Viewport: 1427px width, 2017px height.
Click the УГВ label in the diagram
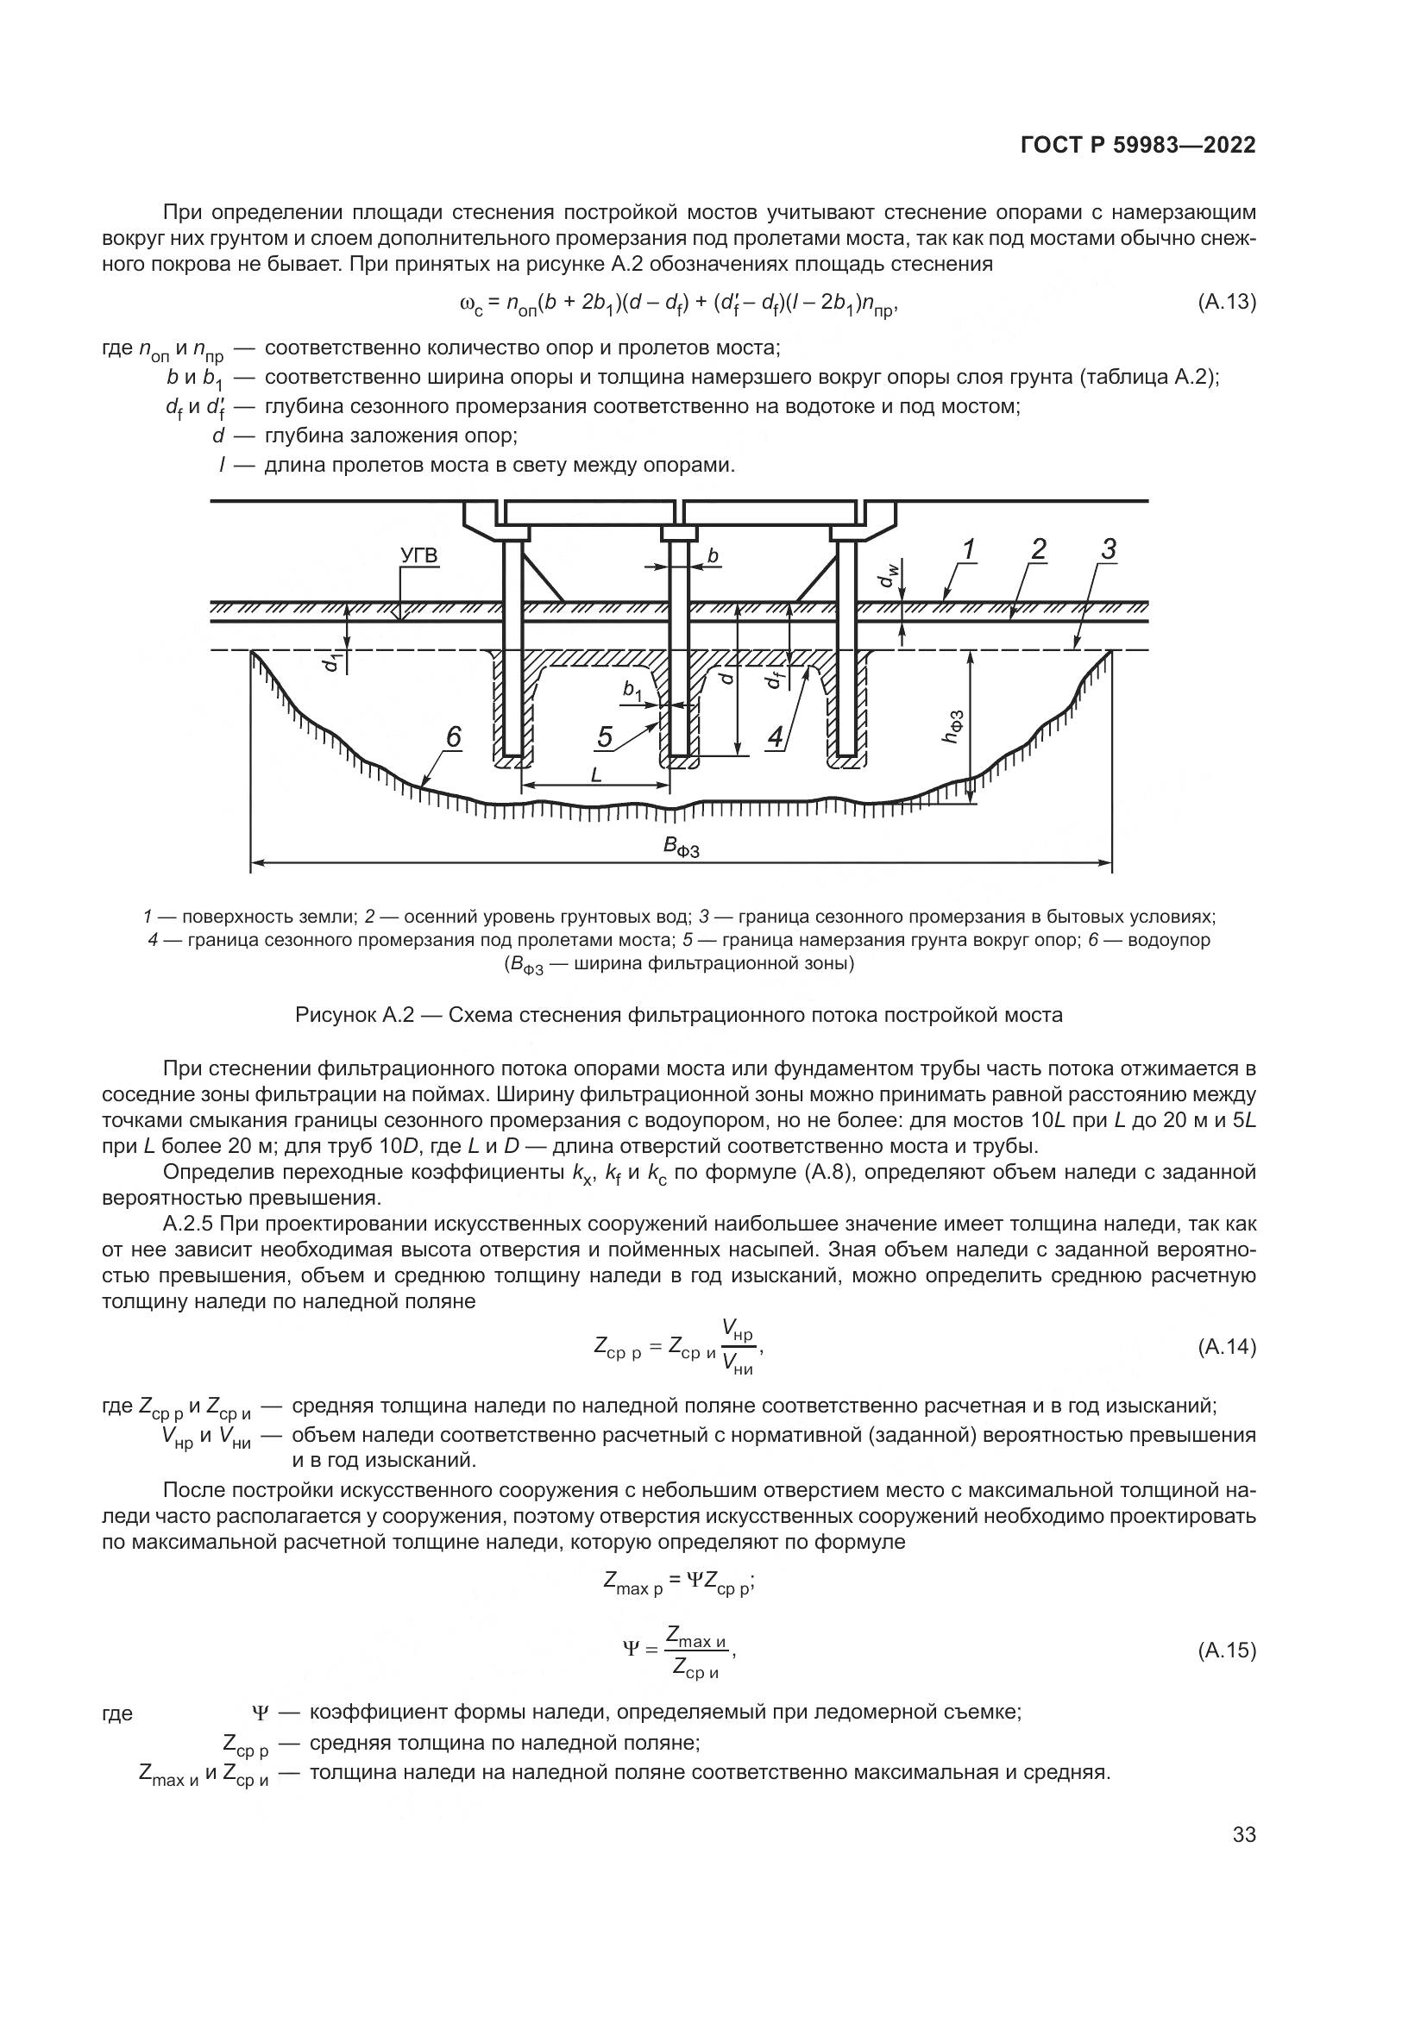point(418,556)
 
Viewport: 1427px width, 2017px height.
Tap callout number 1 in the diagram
point(967,550)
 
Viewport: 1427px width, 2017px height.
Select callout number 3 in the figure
point(1108,550)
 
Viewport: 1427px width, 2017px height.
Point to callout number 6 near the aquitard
point(453,737)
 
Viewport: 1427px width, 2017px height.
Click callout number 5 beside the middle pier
point(605,737)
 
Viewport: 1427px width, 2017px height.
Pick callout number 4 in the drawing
point(775,737)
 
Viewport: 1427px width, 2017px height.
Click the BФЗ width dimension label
point(681,847)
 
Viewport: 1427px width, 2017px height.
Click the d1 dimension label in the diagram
point(330,661)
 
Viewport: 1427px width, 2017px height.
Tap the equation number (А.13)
point(1227,302)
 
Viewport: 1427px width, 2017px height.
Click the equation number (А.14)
point(1227,1347)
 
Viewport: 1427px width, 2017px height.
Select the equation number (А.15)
point(1227,1651)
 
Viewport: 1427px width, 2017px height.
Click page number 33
point(1244,1834)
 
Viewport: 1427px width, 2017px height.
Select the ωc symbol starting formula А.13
point(470,304)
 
